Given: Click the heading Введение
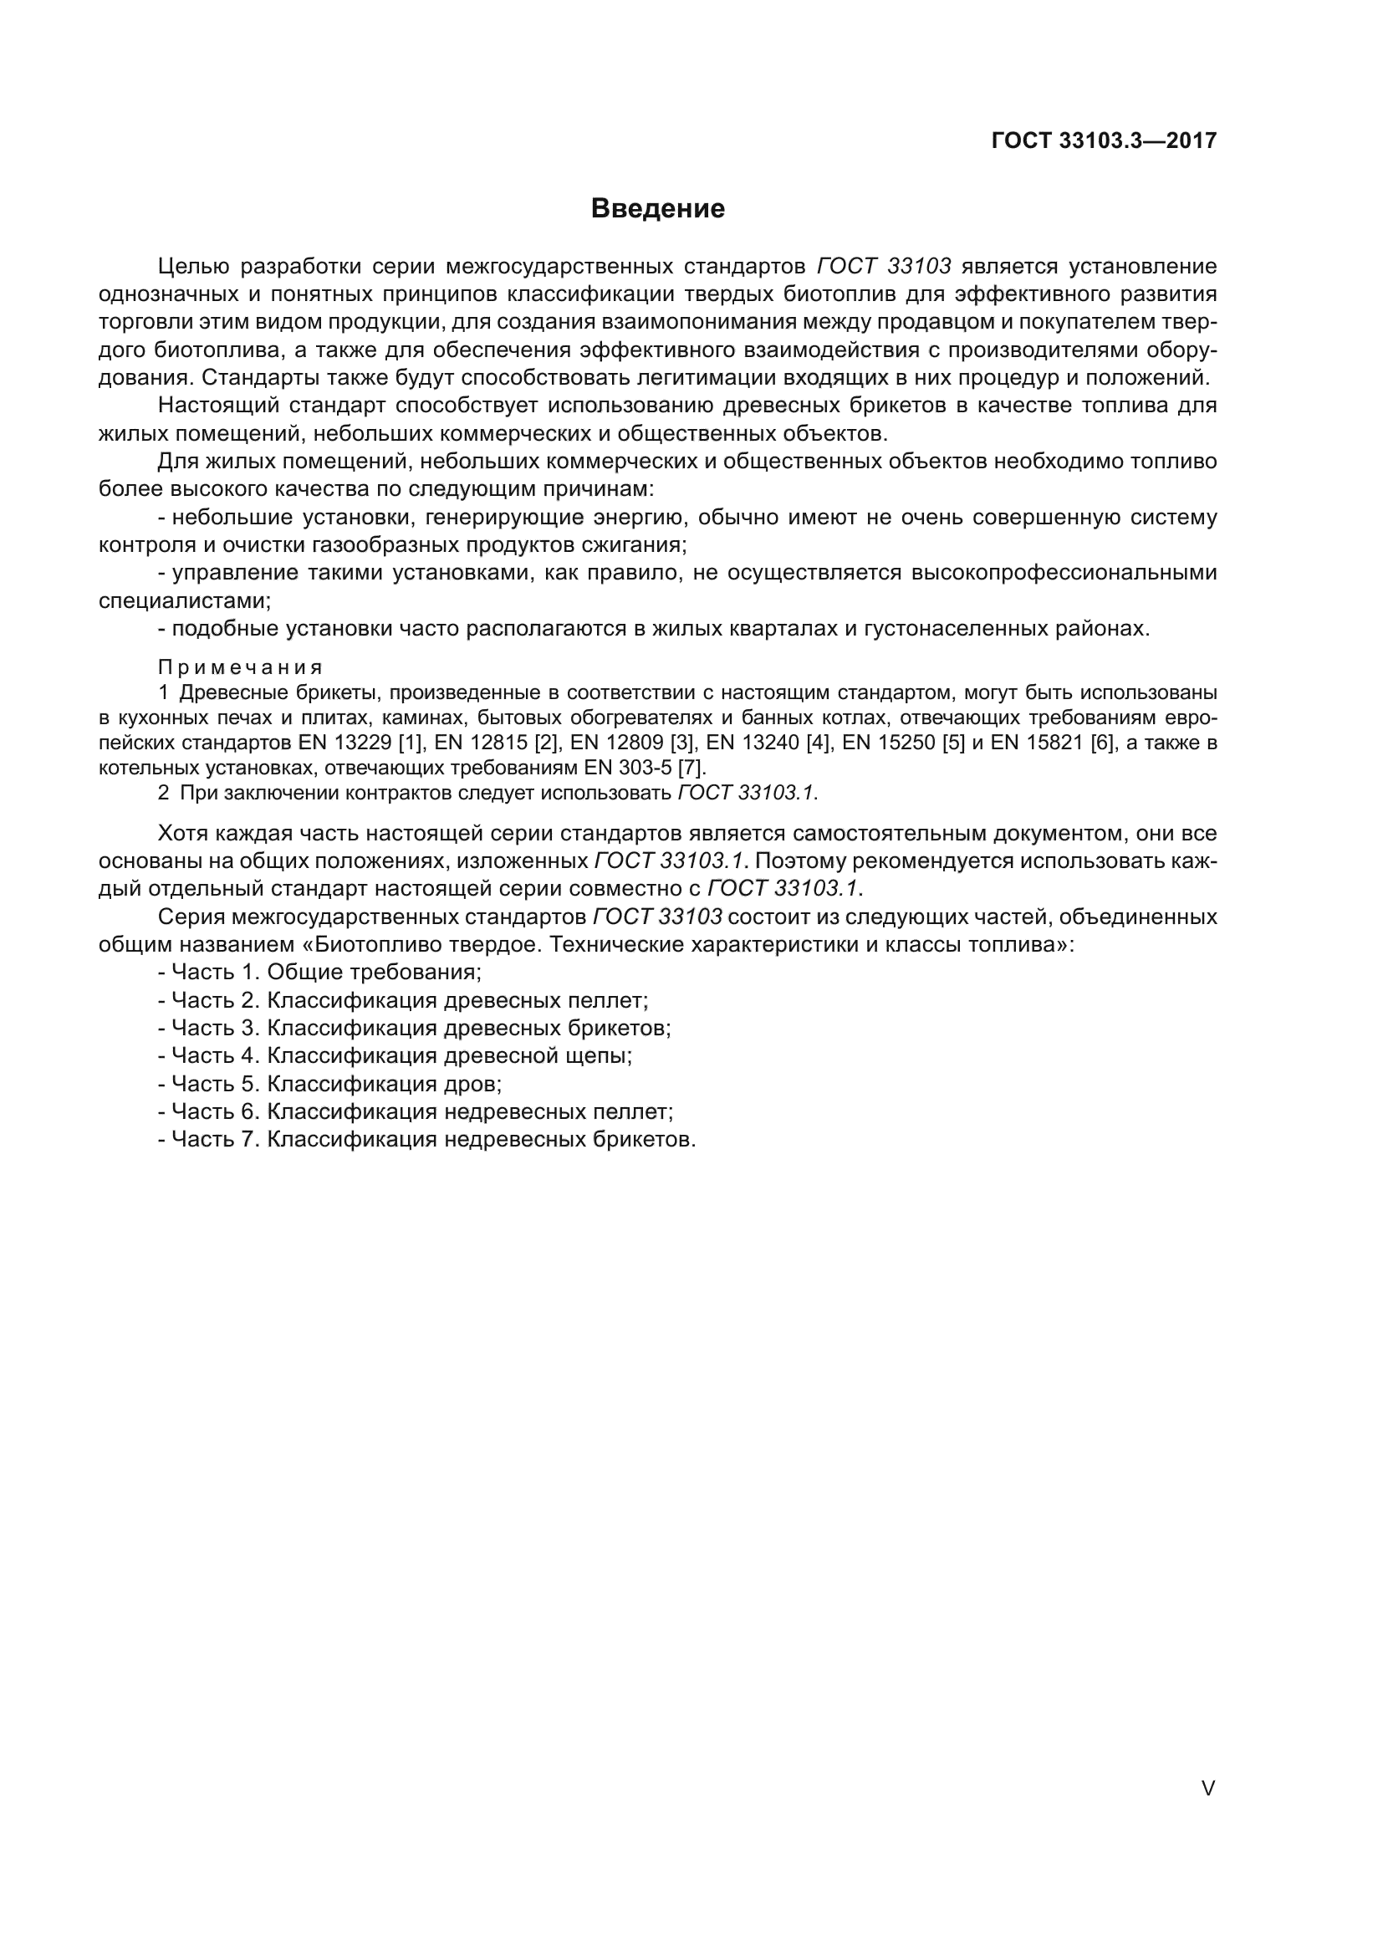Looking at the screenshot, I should [657, 209].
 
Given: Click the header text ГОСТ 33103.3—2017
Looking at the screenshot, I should [1104, 140].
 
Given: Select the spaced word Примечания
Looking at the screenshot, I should [240, 666].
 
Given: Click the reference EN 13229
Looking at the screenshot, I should [344, 742].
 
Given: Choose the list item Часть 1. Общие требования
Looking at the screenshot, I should [320, 972].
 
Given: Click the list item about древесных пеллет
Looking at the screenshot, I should [404, 1000].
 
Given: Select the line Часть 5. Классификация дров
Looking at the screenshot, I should [330, 1084].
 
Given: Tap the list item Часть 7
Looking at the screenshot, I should [427, 1140].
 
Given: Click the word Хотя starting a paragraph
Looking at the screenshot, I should [183, 833].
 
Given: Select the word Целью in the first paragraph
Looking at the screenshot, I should [193, 267].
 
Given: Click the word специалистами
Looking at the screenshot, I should [184, 600].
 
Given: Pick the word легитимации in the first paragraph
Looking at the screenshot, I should [792, 378].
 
